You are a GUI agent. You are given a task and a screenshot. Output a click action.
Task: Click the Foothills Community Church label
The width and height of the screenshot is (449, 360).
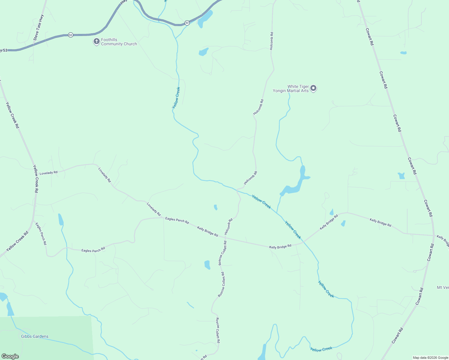coord(119,42)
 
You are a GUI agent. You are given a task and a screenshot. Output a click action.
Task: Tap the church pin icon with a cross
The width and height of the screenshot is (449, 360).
coord(96,41)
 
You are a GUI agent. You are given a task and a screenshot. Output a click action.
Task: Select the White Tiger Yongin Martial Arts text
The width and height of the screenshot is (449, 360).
coord(291,88)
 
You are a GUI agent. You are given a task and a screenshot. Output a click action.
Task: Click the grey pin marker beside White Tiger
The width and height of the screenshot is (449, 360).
coord(313,88)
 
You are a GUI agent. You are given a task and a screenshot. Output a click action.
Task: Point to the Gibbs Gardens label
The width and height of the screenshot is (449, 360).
coord(35,336)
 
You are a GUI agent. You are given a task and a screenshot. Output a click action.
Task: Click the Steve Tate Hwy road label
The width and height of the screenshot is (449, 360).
coord(38,28)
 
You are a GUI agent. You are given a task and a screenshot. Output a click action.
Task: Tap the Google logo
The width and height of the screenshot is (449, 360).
coord(10,356)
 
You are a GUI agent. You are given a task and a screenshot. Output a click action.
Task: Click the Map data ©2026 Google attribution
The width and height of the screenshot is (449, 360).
coord(430,358)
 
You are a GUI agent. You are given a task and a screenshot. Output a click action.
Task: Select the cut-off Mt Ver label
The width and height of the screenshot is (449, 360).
coord(443,287)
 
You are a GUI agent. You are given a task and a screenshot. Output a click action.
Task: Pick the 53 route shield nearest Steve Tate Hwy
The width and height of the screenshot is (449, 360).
coord(71,35)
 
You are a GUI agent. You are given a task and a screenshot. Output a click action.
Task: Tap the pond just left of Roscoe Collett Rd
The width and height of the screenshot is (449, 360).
coord(207,265)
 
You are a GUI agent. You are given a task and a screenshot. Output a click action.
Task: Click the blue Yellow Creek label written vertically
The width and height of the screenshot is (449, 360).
coord(176,98)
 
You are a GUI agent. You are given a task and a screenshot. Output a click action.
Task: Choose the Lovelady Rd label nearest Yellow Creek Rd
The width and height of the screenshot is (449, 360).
coord(48,173)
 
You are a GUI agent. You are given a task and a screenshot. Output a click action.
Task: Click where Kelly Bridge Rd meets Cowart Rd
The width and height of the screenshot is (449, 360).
coord(434,235)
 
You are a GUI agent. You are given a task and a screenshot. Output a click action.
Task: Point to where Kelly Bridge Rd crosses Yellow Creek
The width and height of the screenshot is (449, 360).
coord(303,241)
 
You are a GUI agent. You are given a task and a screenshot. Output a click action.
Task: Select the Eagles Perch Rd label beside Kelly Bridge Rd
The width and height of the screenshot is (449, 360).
coord(177,220)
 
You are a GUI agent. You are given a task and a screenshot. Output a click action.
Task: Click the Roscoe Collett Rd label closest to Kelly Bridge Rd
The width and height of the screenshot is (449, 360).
coord(222,253)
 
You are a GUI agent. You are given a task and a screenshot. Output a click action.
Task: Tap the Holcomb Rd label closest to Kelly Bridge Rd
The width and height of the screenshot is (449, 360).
coord(228,226)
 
